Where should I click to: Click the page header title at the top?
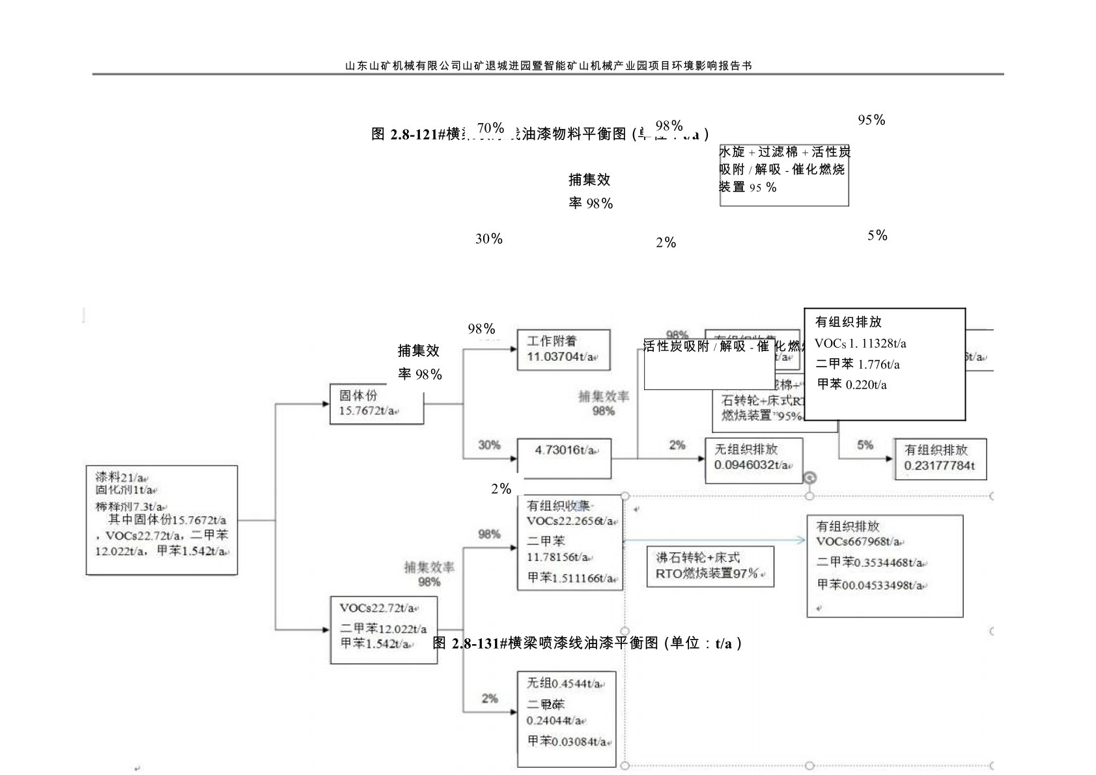click(x=548, y=66)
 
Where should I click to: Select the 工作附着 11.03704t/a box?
click(x=563, y=350)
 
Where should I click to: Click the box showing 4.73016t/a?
click(x=564, y=457)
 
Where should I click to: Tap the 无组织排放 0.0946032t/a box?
click(x=753, y=460)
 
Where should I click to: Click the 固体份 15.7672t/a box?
click(x=376, y=404)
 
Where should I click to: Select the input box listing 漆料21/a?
click(x=162, y=519)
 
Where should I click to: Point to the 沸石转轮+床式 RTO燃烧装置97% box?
click(x=710, y=566)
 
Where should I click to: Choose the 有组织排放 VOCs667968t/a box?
click(x=884, y=565)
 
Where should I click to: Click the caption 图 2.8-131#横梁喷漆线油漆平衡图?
click(x=587, y=643)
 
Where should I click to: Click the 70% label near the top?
click(x=490, y=127)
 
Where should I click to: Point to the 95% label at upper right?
click(x=871, y=120)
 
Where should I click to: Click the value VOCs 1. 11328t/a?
click(x=860, y=343)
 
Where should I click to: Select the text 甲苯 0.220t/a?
click(x=852, y=384)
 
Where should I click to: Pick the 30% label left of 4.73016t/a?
click(x=489, y=445)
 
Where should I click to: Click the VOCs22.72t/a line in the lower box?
click(x=378, y=608)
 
